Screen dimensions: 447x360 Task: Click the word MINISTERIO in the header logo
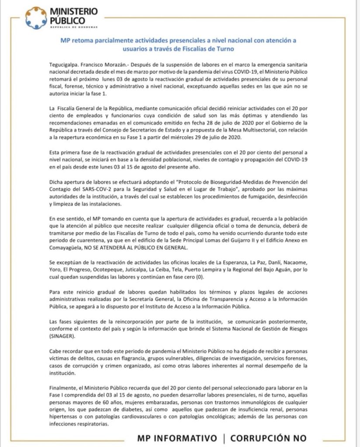coord(74,11)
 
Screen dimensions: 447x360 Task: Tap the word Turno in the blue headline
coord(222,49)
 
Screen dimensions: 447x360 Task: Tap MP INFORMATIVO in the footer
coord(177,438)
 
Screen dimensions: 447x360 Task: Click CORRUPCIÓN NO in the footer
coord(268,438)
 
